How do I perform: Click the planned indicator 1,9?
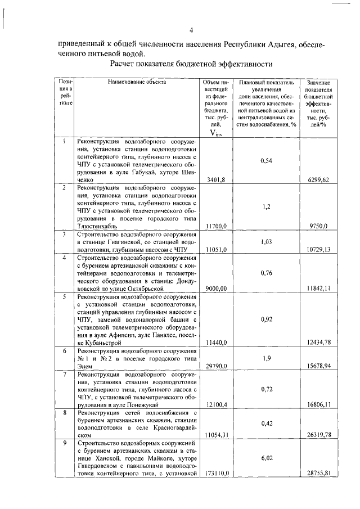click(x=267, y=357)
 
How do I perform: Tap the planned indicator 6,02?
click(x=267, y=458)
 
